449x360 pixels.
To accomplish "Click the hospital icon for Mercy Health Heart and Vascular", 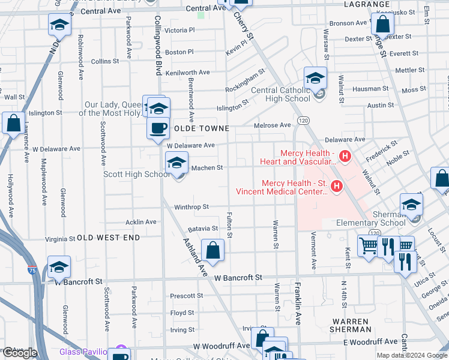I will (x=345, y=157).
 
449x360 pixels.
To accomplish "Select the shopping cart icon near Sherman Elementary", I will (x=367, y=245).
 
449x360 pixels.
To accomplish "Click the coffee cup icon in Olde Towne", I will (x=158, y=127).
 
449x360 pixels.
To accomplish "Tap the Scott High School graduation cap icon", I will (x=176, y=162).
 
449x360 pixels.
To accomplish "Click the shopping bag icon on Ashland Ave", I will (x=213, y=250).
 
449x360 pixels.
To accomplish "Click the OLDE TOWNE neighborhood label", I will (x=202, y=129).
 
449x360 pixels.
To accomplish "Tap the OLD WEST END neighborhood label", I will (x=109, y=238).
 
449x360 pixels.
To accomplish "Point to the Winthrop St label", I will (x=191, y=207).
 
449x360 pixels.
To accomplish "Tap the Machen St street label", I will (x=206, y=167).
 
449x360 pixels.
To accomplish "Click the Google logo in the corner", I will (x=20, y=353).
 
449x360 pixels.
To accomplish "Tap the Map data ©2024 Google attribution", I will (x=411, y=355).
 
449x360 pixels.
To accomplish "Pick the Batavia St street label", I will (x=202, y=229).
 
